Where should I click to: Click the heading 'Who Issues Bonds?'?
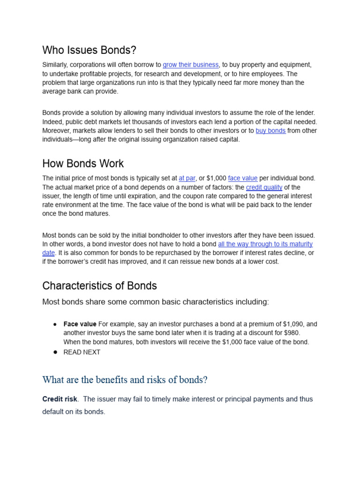click(x=89, y=50)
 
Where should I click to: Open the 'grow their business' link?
click(x=190, y=65)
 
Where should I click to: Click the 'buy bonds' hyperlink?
click(x=270, y=131)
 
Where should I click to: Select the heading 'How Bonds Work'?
click(x=83, y=164)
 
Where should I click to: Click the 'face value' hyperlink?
click(x=242, y=178)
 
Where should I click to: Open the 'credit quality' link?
click(x=264, y=187)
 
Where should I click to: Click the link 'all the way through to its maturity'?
click(x=265, y=244)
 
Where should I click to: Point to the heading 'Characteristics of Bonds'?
click(x=99, y=286)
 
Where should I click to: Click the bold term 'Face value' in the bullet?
click(x=80, y=324)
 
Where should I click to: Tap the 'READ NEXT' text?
click(x=82, y=352)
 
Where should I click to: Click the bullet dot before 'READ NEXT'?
click(x=55, y=352)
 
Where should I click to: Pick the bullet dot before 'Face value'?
click(x=55, y=324)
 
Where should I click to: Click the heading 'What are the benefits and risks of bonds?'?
click(x=125, y=380)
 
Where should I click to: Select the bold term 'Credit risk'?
click(x=60, y=399)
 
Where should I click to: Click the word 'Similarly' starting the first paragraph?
click(x=55, y=65)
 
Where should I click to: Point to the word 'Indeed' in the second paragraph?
click(x=52, y=122)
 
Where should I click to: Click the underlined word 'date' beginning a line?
click(x=49, y=253)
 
